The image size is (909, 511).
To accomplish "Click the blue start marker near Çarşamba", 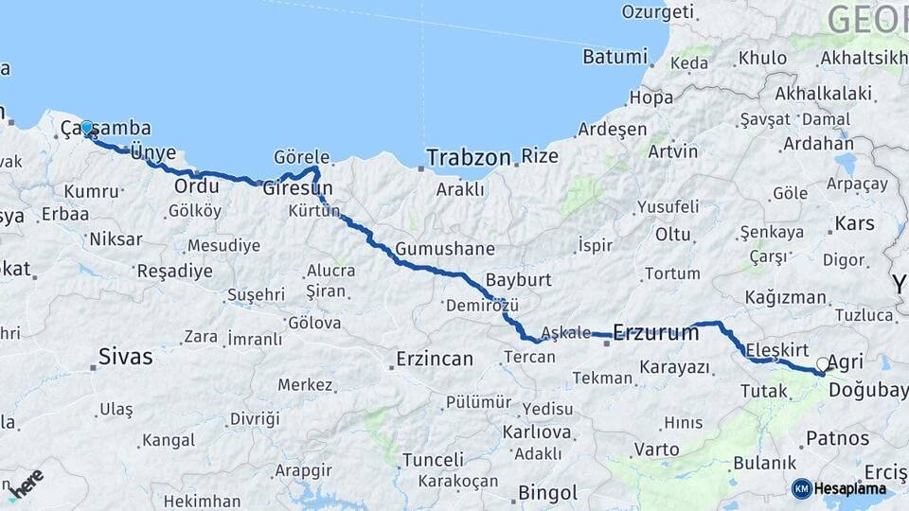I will [x=86, y=128].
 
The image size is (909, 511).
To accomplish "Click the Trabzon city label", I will [x=469, y=157].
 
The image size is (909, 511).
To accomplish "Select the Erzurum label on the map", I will [x=656, y=332].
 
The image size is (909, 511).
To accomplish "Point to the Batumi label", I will [x=614, y=56].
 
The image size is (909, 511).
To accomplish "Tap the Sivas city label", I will [x=126, y=357].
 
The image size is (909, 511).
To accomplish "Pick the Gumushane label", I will [x=445, y=249].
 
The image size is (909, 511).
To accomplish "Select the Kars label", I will [x=854, y=224].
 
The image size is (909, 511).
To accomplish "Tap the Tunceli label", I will [x=433, y=459].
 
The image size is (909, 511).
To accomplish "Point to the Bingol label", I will [x=547, y=493].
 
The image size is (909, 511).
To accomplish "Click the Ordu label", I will [x=197, y=185].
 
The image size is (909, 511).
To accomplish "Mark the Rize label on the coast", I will [x=540, y=156].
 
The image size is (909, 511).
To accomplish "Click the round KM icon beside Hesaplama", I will [x=801, y=488].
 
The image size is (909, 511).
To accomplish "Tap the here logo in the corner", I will [x=27, y=483].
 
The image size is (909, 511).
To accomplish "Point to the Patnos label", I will [x=837, y=438].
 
